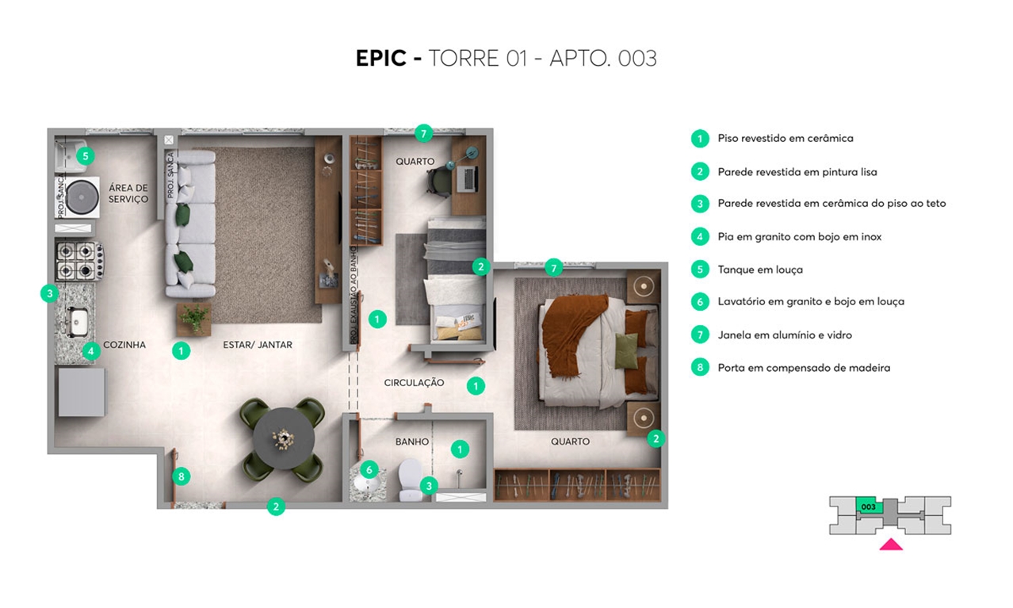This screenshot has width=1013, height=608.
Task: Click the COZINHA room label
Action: point(124,345)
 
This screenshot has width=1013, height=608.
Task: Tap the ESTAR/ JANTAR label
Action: point(258,345)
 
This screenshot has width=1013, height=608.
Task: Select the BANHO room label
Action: point(411,442)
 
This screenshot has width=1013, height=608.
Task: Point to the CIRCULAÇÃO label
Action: point(414,383)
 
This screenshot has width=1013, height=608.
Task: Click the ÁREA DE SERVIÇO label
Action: point(128,193)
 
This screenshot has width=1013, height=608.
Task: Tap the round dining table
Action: point(284,438)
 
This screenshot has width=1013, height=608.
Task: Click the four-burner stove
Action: point(79,261)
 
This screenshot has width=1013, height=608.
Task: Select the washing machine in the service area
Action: point(78,197)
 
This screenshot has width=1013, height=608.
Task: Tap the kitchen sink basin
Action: point(78,321)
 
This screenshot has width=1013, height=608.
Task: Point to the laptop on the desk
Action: point(468,178)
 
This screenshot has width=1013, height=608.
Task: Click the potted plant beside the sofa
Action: point(194,319)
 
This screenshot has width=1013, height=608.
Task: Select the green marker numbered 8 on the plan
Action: point(182,476)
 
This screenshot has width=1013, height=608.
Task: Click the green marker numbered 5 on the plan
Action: point(86,156)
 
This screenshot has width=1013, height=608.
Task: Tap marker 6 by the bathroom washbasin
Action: point(369,470)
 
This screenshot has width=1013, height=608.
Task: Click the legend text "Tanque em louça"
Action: point(760,270)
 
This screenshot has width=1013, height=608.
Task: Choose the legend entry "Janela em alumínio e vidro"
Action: point(785,335)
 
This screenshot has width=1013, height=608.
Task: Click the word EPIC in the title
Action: point(381,59)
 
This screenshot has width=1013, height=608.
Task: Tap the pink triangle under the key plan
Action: point(891,545)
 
